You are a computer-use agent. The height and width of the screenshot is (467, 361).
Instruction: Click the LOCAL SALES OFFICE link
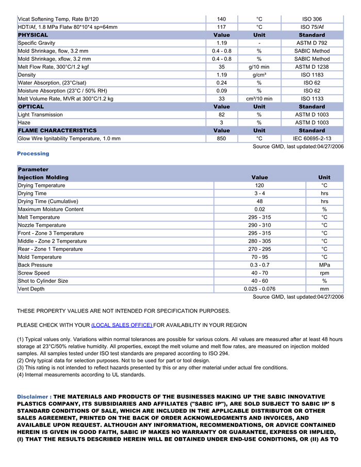tap(122, 325)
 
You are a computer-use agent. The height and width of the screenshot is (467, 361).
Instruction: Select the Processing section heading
tap(33, 154)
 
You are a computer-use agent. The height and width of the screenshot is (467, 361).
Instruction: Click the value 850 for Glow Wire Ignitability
tap(221, 139)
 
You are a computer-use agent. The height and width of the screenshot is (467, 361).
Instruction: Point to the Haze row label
tap(24, 123)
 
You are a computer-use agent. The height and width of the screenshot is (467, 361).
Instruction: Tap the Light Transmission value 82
tap(221, 115)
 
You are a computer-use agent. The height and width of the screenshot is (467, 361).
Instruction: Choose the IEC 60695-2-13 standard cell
tap(312, 139)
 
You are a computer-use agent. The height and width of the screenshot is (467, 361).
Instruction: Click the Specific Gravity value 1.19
tap(221, 43)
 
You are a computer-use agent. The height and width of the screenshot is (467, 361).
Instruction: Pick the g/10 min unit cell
tap(259, 67)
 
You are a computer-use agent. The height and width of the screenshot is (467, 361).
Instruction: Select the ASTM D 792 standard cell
tap(312, 43)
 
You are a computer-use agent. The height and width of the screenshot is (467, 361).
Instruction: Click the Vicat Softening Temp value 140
tap(221, 19)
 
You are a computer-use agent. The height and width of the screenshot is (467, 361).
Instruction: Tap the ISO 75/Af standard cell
tap(312, 27)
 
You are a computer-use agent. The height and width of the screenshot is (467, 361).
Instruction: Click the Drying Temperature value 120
tap(259, 185)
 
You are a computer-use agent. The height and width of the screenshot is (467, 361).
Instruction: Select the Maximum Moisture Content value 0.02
tap(259, 210)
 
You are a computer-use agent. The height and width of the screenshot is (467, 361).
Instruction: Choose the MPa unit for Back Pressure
tap(324, 265)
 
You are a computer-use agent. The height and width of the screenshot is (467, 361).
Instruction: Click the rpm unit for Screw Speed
tap(324, 273)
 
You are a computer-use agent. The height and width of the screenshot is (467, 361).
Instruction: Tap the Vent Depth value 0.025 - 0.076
tap(259, 289)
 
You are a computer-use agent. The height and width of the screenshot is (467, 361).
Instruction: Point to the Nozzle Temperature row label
tap(42, 226)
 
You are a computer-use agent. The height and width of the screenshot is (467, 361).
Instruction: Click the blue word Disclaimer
tap(32, 396)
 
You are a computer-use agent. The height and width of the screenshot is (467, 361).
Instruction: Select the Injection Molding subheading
tap(43, 178)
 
